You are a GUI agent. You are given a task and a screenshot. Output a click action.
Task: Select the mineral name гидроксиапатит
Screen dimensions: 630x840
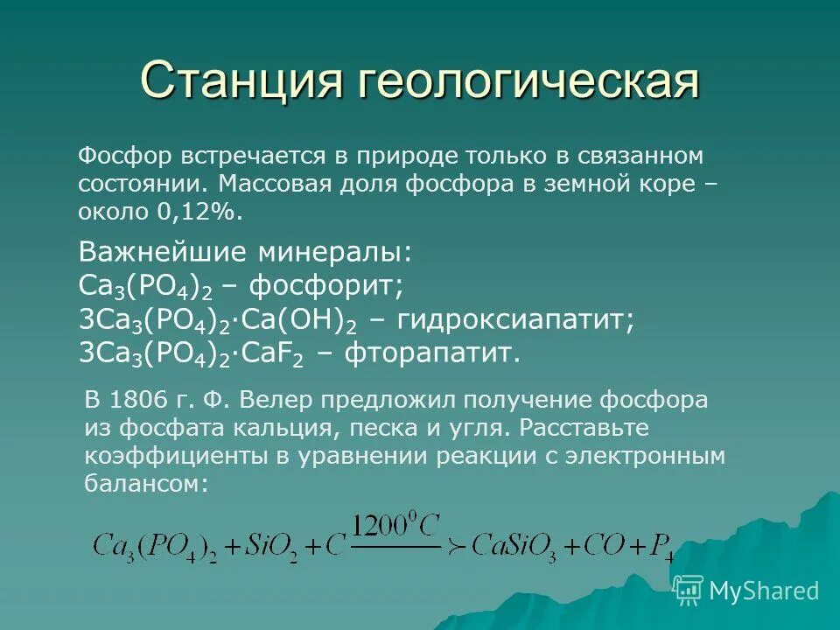point(516,319)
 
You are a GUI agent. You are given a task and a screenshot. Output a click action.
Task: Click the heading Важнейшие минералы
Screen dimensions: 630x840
point(244,253)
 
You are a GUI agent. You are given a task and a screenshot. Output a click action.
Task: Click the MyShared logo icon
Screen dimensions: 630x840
point(689,590)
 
